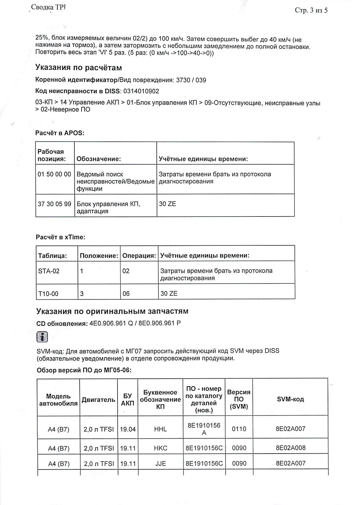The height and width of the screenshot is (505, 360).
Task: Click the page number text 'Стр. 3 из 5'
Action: pyautogui.click(x=311, y=11)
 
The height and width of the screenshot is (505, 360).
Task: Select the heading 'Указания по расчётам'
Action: pyautogui.click(x=78, y=68)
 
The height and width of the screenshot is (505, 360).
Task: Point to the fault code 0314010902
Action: pyautogui.click(x=141, y=91)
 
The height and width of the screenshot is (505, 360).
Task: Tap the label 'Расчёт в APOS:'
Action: pyautogui.click(x=60, y=133)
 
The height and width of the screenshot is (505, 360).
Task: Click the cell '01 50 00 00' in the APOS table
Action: pyautogui.click(x=54, y=174)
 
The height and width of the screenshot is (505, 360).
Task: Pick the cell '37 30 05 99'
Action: pyautogui.click(x=54, y=204)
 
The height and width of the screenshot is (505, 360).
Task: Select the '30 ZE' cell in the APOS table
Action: pyautogui.click(x=168, y=204)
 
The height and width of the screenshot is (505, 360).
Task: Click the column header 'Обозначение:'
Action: pyautogui.click(x=99, y=159)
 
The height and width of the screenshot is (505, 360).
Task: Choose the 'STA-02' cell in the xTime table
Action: pyautogui.click(x=49, y=271)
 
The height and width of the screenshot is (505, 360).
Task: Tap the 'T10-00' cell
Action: pyautogui.click(x=48, y=293)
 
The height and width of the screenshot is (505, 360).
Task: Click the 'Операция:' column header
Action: pyautogui.click(x=139, y=256)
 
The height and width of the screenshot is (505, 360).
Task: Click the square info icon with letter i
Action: pyautogui.click(x=42, y=337)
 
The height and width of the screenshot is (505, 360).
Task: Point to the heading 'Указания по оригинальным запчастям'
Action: pyautogui.click(x=112, y=311)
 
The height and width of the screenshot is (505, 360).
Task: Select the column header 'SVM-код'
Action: pyautogui.click(x=290, y=399)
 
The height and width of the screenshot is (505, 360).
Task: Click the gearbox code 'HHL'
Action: pyautogui.click(x=160, y=429)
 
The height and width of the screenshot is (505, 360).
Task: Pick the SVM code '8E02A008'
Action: pyautogui.click(x=291, y=448)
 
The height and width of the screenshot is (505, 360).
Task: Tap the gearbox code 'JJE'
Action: pyautogui.click(x=160, y=464)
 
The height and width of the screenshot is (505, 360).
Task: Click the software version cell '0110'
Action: pyautogui.click(x=239, y=429)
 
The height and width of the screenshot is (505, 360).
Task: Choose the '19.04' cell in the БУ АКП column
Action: pyautogui.click(x=128, y=429)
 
